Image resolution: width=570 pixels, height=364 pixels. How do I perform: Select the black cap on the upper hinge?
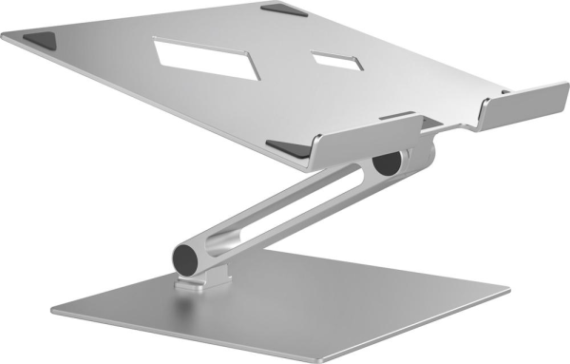(x=387, y=162)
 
